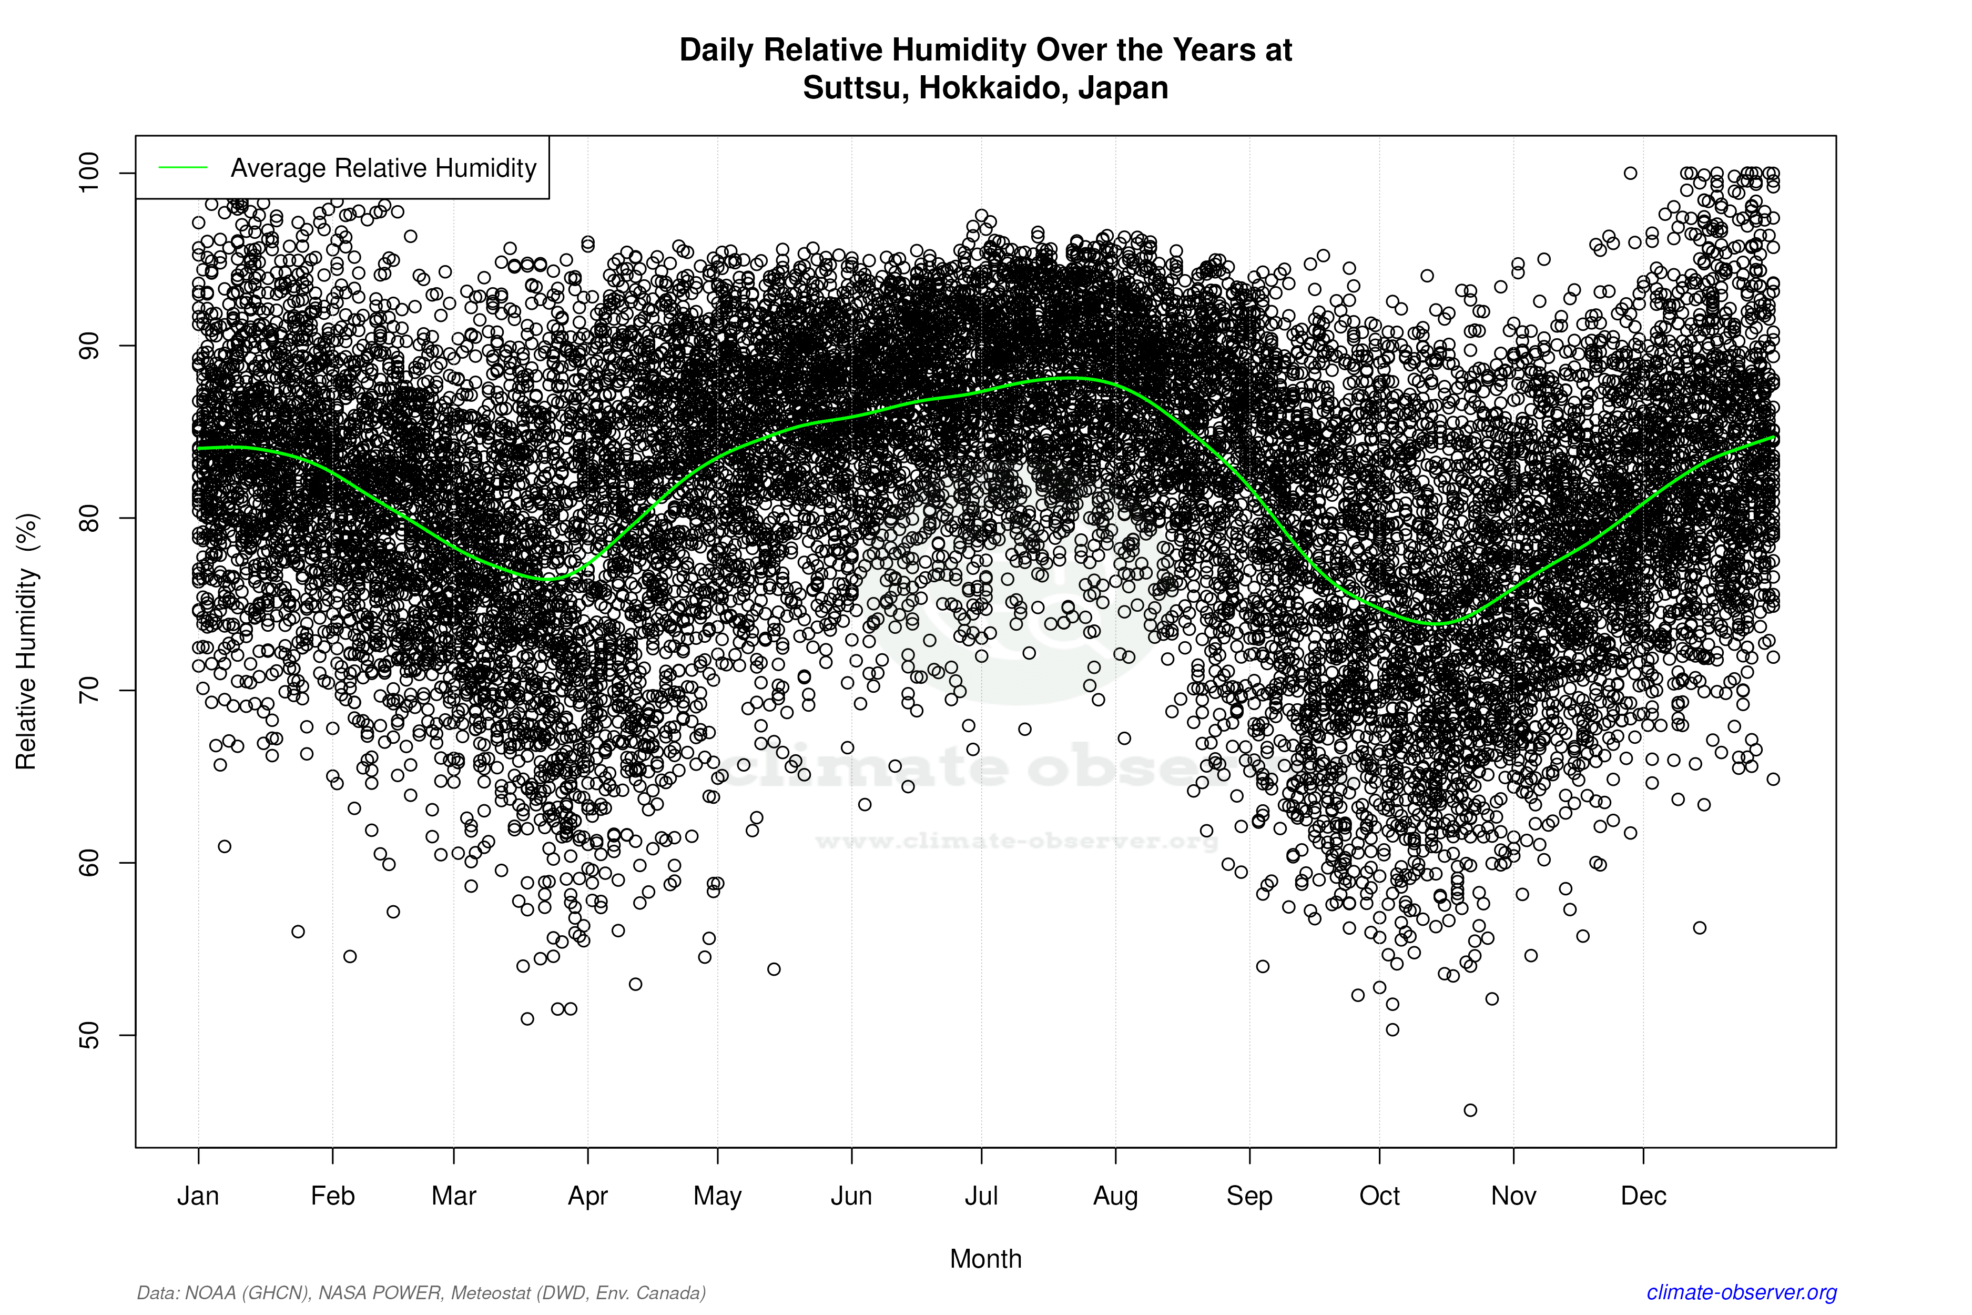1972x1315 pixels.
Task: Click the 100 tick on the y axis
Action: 89,173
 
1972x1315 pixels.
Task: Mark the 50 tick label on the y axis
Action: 89,1035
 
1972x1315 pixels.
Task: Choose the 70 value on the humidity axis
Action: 89,690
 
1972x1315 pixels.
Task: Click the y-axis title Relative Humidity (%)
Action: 27,642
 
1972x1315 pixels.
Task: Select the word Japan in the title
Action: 1123,88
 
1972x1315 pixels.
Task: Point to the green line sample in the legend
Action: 183,168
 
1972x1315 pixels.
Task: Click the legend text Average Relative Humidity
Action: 383,168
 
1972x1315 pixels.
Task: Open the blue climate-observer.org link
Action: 1742,1292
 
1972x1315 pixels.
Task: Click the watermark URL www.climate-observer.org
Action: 1016,841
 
